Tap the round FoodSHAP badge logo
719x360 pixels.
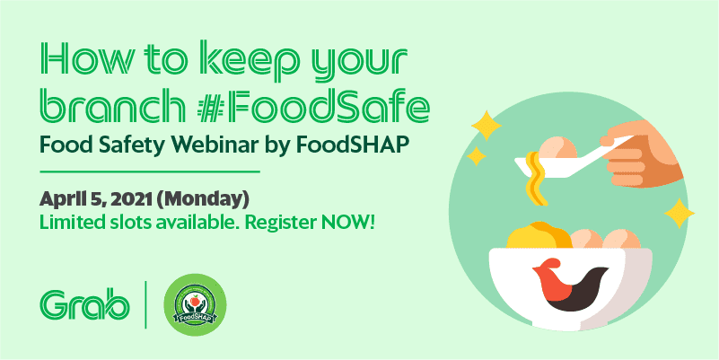tap(195, 305)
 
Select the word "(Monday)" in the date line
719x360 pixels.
tap(205, 200)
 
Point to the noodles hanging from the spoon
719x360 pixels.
tap(536, 177)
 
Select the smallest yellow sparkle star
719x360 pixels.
tap(477, 156)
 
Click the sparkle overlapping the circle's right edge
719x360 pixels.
tap(680, 214)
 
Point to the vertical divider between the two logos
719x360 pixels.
tap(145, 305)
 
